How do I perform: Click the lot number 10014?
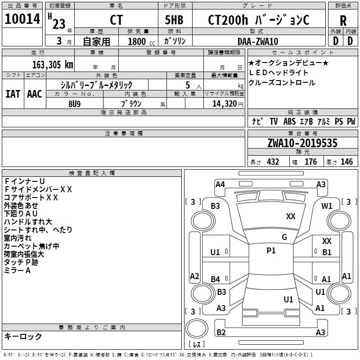[x=22, y=19]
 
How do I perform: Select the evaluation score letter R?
[x=343, y=21]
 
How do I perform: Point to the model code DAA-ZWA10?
[x=258, y=41]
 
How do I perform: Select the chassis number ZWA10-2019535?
[x=302, y=143]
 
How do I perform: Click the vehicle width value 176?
[x=310, y=162]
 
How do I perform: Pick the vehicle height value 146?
[x=346, y=162]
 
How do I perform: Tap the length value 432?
[x=273, y=162]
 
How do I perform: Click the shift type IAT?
[x=13, y=94]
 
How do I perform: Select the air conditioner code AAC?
[x=34, y=94]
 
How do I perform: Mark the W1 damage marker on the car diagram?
[x=327, y=206]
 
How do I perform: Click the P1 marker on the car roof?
[x=271, y=251]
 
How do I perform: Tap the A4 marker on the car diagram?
[x=220, y=184]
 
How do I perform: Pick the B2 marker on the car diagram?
[x=221, y=333]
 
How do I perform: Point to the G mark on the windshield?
[x=284, y=237]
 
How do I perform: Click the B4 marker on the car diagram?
[x=216, y=279]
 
